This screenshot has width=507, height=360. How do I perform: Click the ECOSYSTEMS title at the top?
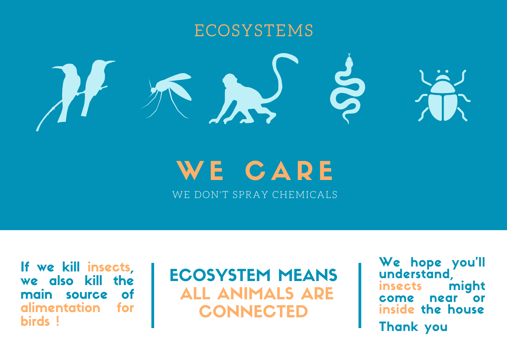coord(253,30)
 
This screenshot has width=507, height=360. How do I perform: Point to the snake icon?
coord(347,89)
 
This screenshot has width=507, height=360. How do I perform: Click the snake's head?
coord(349,61)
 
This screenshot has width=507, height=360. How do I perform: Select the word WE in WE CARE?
coord(200,170)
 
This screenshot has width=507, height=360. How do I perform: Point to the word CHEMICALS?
coord(305,195)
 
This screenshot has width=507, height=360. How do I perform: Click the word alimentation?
coord(60,308)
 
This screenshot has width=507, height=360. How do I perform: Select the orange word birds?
coord(35,321)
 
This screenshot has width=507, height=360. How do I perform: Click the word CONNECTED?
coord(253,312)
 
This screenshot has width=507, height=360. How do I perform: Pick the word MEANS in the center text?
coord(308,275)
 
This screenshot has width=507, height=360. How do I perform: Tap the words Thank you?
coord(413,327)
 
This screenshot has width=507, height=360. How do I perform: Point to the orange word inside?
coord(397,309)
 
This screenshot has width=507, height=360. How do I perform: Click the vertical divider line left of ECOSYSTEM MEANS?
coord(153,296)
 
